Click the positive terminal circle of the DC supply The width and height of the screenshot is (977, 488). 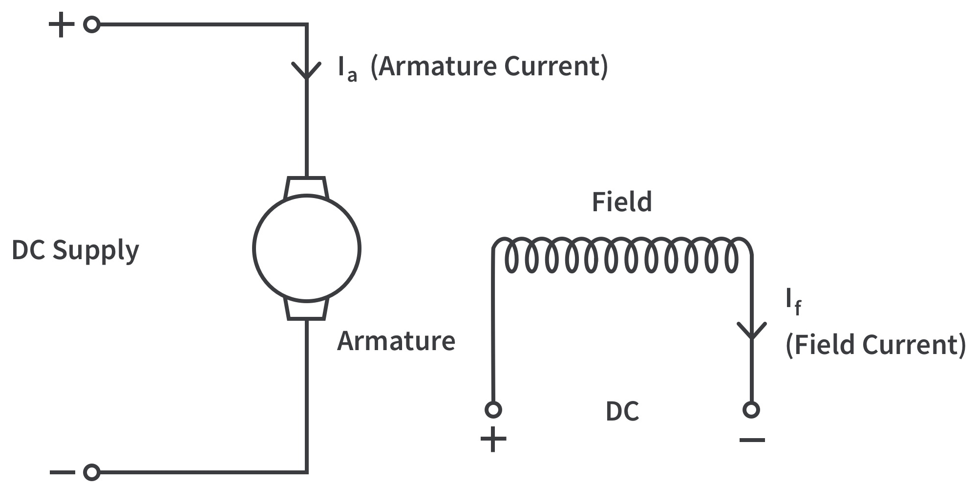pyautogui.click(x=92, y=24)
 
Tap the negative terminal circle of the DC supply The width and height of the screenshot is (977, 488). pyautogui.click(x=92, y=472)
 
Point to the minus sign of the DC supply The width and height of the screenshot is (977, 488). pyautogui.click(x=62, y=472)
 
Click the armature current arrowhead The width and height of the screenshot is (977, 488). pyautogui.click(x=306, y=71)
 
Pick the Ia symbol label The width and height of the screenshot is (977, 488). pyautogui.click(x=347, y=68)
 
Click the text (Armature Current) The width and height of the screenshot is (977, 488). pyautogui.click(x=489, y=67)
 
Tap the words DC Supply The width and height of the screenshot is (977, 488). pyautogui.click(x=75, y=250)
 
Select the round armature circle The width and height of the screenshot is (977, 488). pyautogui.click(x=307, y=248)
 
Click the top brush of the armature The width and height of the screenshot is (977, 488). pyautogui.click(x=306, y=187)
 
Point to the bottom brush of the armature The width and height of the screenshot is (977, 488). pyautogui.click(x=306, y=309)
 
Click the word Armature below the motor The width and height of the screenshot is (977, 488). pyautogui.click(x=396, y=341)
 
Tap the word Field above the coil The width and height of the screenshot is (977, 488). pyautogui.click(x=622, y=202)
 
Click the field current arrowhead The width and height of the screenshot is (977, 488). pyautogui.click(x=752, y=331)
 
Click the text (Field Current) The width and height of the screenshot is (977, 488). pyautogui.click(x=875, y=345)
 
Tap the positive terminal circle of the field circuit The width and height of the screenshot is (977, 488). pyautogui.click(x=493, y=409)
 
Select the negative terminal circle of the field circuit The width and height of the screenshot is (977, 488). pyautogui.click(x=751, y=409)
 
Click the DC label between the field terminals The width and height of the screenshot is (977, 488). pyautogui.click(x=622, y=412)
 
